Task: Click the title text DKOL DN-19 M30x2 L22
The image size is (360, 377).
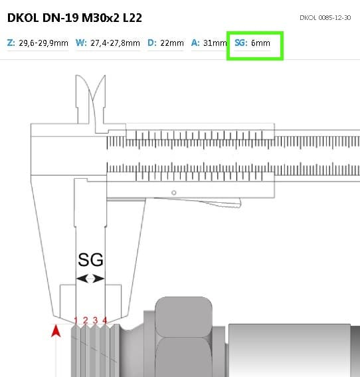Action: [74, 18]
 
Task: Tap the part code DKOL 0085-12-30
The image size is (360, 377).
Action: [325, 17]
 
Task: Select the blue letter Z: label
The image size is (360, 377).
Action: [11, 43]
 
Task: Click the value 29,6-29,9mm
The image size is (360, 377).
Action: [43, 43]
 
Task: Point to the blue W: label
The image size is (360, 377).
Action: [81, 43]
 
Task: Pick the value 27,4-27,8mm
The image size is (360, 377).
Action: [116, 43]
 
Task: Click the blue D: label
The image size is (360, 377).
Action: [152, 43]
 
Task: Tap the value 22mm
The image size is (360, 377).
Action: [172, 43]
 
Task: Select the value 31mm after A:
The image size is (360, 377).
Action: [215, 43]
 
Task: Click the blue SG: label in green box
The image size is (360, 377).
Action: [241, 43]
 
